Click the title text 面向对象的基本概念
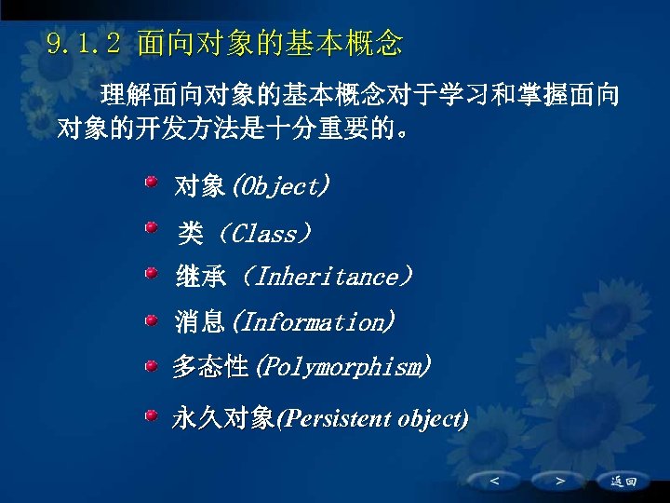point(270,43)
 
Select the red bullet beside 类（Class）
point(151,227)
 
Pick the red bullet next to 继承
point(151,273)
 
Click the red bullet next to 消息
point(151,319)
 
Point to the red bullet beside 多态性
point(151,364)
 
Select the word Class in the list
point(264,233)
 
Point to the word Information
point(313,323)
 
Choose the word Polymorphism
point(342,367)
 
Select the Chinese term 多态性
point(210,367)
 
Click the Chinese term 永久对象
point(223,418)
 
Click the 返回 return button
point(623,482)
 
